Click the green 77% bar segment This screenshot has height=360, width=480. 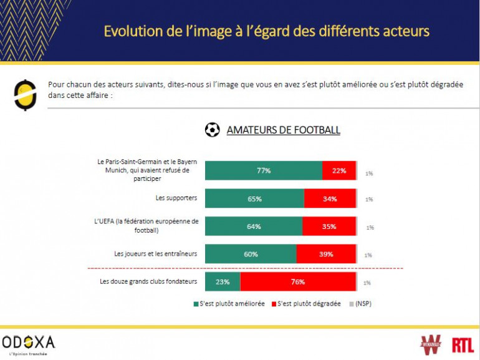click(x=264, y=170)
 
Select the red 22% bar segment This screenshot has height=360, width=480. click(x=339, y=170)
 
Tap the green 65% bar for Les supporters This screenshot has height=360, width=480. click(x=254, y=198)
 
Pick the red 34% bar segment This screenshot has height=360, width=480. click(x=330, y=198)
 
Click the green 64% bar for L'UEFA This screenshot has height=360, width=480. click(x=253, y=226)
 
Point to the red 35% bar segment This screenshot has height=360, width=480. click(x=329, y=226)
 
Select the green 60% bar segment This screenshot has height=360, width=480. click(x=251, y=254)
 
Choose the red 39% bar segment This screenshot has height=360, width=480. click(x=326, y=254)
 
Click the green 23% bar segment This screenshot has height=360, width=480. click(x=223, y=281)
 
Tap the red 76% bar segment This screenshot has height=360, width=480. click(x=298, y=281)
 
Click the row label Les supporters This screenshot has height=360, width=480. click(x=176, y=198)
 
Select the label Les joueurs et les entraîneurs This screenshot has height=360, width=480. click(x=156, y=254)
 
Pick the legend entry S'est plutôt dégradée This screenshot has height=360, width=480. click(x=305, y=303)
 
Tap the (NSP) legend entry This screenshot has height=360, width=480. click(x=360, y=303)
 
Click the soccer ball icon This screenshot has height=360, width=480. click(x=213, y=130)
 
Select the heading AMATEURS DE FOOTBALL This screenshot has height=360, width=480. click(x=283, y=130)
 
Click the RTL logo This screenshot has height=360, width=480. click(x=463, y=344)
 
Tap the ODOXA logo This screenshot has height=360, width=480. click(x=29, y=343)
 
